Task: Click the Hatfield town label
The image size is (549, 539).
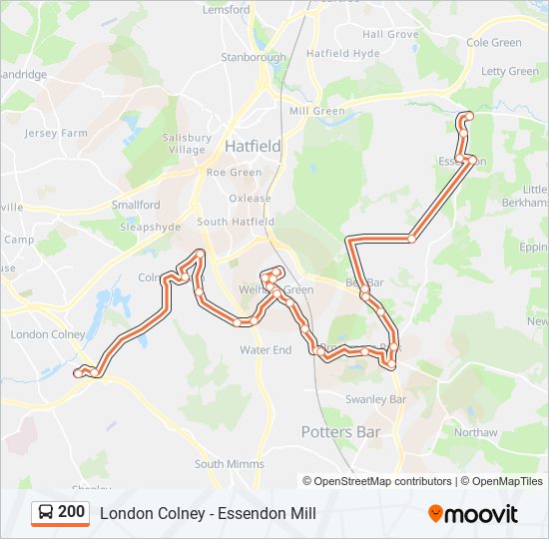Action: pos(253,146)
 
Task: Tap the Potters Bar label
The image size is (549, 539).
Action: pos(340,432)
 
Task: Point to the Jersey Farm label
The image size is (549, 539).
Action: pos(56,133)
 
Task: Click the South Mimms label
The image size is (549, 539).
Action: pos(230,464)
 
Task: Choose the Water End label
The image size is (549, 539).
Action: pos(266,350)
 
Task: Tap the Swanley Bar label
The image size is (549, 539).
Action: pos(376,399)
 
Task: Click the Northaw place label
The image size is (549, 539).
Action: pos(475,432)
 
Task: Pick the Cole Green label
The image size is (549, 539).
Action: pos(494,43)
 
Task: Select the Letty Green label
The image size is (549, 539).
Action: pos(510,72)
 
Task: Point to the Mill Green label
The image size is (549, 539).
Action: pos(316,111)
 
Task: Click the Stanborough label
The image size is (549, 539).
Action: pos(254,57)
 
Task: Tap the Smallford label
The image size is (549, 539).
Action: pos(136,205)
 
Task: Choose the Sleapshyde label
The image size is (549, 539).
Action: pos(149,227)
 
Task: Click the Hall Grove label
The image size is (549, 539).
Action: pos(390,34)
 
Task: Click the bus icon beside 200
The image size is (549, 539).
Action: pos(46,513)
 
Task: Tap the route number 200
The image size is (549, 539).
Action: pos(71,512)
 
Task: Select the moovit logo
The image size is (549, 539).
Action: pos(473,514)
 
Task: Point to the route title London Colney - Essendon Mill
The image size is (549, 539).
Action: pos(208,513)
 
